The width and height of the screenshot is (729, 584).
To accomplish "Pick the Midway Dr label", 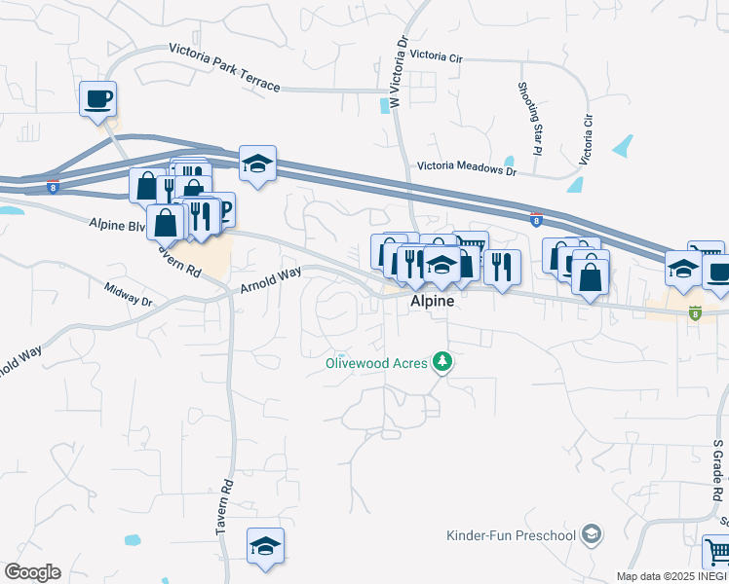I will pos(130,295).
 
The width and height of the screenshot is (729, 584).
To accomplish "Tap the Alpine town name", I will pos(433,302).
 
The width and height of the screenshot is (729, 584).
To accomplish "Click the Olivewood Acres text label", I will pos(377,363).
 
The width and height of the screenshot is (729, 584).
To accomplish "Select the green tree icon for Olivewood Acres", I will pos(444,362).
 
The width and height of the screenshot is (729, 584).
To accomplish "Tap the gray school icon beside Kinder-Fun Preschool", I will pos(591,533).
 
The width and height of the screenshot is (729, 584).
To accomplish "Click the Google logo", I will pos(32,572).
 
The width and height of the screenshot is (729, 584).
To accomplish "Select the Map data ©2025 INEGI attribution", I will pos(671,576).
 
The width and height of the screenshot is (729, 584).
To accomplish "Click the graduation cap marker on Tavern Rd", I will pos(264,547).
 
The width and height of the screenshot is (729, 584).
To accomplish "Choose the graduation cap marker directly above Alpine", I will pos(441,266).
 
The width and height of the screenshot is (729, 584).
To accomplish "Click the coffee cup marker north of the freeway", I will pos(97,98).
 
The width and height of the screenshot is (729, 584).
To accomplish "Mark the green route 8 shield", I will pos(694,312).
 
